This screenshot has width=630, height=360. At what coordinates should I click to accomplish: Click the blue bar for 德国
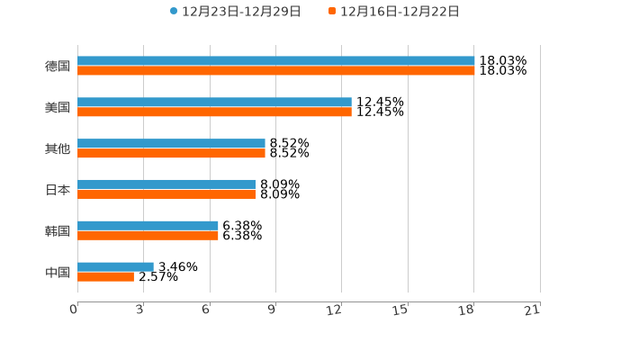pos(275,61)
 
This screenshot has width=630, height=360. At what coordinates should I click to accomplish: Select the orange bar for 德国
pos(275,71)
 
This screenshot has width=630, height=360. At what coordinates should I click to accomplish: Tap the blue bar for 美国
pos(214,103)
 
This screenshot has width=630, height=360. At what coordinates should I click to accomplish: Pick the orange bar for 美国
pos(214,112)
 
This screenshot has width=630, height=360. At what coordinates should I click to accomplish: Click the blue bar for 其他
pos(171,144)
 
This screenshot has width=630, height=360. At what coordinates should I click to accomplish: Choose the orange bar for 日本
pos(166,194)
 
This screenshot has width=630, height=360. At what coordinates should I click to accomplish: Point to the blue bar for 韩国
pos(148,226)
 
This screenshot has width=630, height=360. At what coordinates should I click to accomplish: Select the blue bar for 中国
pos(115,267)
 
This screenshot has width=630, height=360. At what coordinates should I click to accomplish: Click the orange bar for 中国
pos(105,277)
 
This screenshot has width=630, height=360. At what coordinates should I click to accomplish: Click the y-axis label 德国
pos(58,67)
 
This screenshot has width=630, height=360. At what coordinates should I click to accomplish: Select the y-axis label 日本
pos(58,190)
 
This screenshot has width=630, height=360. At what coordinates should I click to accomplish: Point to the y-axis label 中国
pos(58,273)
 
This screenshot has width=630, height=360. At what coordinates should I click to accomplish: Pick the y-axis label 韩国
pos(58,231)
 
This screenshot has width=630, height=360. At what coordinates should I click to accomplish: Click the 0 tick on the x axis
pos(75,310)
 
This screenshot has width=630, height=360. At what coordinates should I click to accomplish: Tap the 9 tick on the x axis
pos(272,310)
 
